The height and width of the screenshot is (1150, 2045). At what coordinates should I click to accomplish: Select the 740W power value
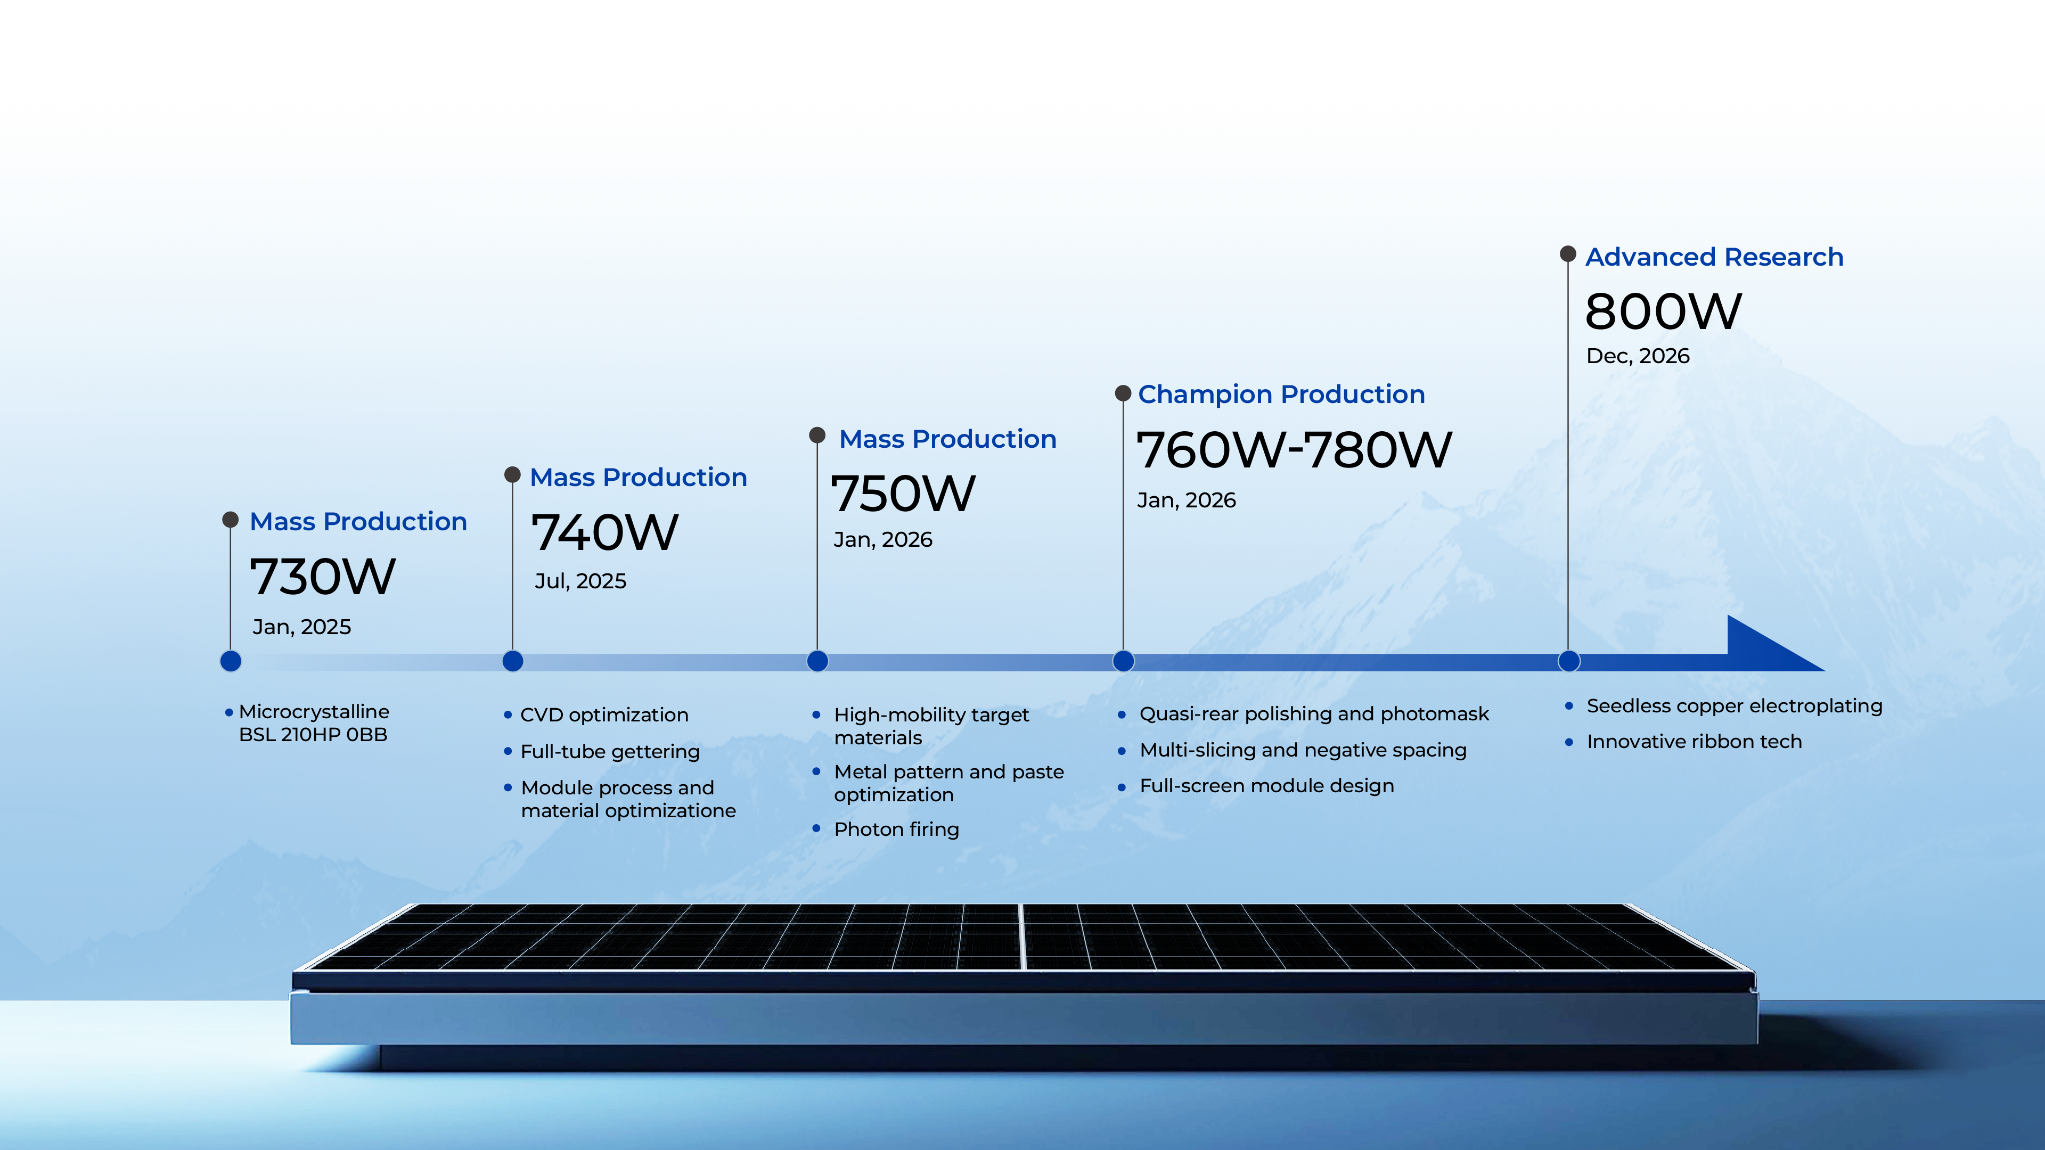[605, 532]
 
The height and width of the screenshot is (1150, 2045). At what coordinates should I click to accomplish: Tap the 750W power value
[903, 493]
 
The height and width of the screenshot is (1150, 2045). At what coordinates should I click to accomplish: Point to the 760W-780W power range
[1294, 449]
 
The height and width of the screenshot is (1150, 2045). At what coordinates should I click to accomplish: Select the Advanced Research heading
[1714, 257]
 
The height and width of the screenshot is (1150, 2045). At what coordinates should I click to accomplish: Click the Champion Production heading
[1281, 395]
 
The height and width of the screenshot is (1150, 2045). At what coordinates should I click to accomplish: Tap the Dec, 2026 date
[1638, 356]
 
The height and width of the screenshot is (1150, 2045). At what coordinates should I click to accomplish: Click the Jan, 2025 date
[301, 627]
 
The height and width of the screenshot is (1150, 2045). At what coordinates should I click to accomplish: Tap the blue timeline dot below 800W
[1569, 661]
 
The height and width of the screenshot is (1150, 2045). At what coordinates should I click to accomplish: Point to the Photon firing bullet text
[896, 829]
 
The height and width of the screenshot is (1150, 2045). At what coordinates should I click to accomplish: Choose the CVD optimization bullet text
[604, 715]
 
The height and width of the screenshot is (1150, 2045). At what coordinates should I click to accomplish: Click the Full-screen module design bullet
[1266, 786]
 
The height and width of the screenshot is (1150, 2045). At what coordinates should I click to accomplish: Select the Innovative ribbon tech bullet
[1694, 741]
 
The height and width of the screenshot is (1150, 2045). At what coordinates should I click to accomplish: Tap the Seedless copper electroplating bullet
[1735, 707]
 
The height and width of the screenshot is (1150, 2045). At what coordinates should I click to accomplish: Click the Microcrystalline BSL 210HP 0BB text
[314, 723]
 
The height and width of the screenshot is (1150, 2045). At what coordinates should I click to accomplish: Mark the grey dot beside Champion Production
[1123, 393]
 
